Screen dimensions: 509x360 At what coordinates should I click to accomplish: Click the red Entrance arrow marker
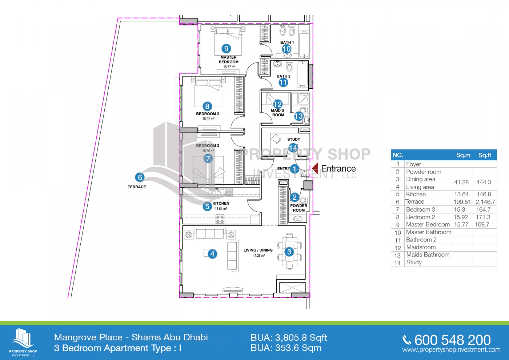tap(315, 168)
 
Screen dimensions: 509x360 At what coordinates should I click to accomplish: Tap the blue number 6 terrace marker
tap(140, 177)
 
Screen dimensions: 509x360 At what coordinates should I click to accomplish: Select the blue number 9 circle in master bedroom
tap(226, 48)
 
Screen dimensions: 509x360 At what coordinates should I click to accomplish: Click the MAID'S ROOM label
tap(278, 113)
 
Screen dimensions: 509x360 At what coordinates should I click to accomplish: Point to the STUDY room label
tap(294, 139)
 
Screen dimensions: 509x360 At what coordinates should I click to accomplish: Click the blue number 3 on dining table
tap(289, 252)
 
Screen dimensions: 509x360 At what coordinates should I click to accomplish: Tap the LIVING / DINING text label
tap(258, 250)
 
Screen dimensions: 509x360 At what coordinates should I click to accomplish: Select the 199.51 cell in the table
tap(461, 202)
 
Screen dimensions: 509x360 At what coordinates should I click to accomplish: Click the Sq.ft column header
tap(485, 155)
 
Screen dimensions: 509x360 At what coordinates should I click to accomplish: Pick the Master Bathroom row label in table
tap(429, 232)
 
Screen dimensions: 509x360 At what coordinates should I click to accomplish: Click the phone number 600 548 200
tap(452, 340)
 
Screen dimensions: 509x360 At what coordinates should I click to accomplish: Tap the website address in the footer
tap(451, 350)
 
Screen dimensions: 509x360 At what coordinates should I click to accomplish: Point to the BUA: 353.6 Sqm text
tap(286, 348)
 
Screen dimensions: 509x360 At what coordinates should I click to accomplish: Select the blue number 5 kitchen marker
tap(207, 207)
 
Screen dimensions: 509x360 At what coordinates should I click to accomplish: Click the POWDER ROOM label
tap(299, 208)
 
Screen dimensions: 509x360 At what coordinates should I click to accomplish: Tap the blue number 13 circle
tap(299, 116)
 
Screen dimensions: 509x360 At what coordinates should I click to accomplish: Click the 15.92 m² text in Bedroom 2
tap(208, 119)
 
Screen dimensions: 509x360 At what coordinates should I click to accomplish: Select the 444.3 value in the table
tap(484, 182)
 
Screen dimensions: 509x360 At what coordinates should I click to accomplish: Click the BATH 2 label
tap(283, 76)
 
